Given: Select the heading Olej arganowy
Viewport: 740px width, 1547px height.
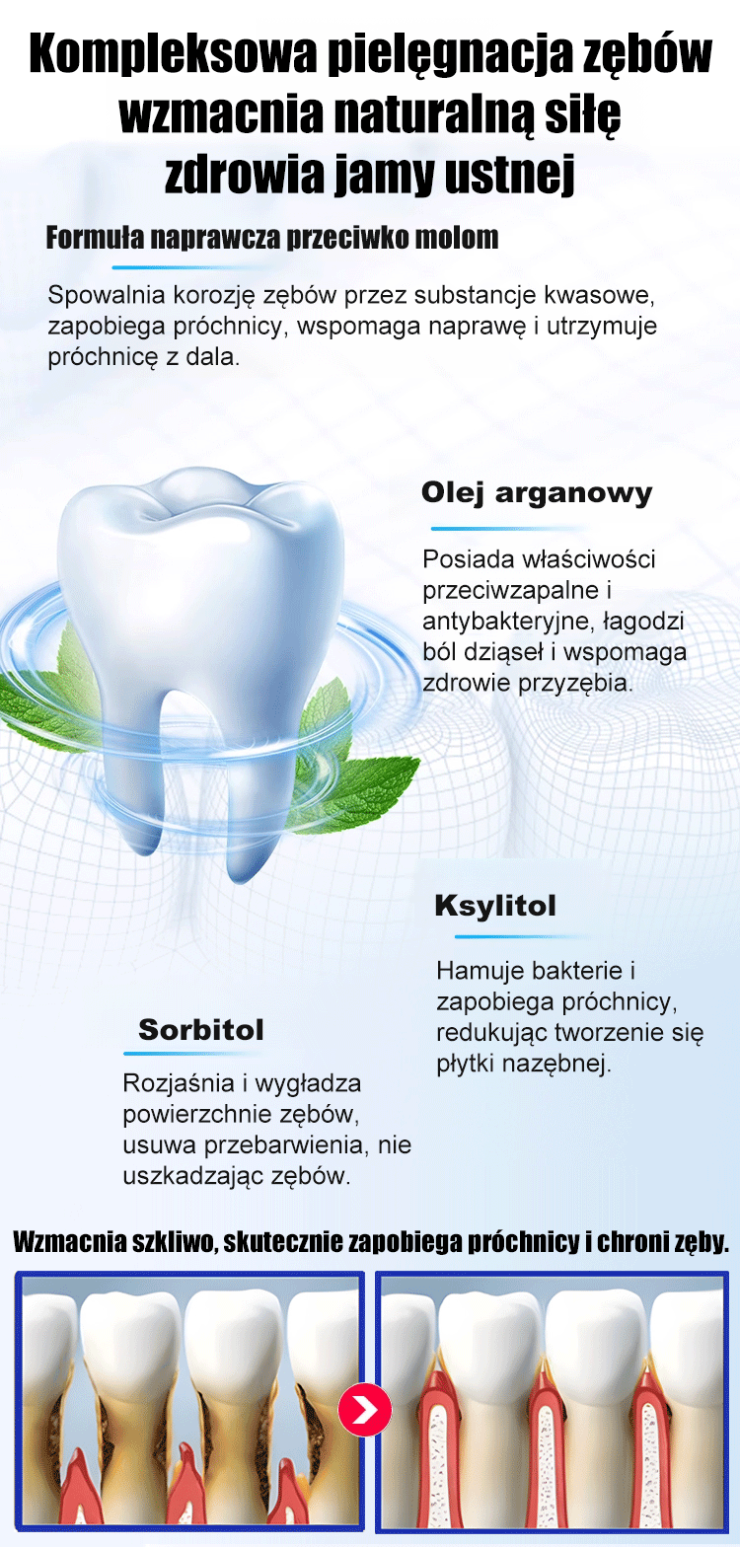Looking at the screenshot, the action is coord(537,493).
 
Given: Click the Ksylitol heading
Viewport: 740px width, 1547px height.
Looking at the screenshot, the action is coord(495,906).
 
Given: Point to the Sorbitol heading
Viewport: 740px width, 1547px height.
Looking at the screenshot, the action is coord(201,1030).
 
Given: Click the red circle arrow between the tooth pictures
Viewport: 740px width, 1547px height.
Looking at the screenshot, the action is coord(365,1410).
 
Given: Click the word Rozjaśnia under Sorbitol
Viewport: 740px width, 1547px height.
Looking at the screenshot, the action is coord(179,1083).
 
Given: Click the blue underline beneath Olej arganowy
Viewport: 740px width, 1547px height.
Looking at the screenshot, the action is coord(508,529).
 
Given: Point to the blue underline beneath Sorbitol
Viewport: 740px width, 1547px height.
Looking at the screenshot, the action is coord(191,1054).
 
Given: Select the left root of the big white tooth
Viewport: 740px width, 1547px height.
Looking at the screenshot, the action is coord(131,773).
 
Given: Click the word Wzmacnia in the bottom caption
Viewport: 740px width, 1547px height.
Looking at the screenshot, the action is coord(70,1242).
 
